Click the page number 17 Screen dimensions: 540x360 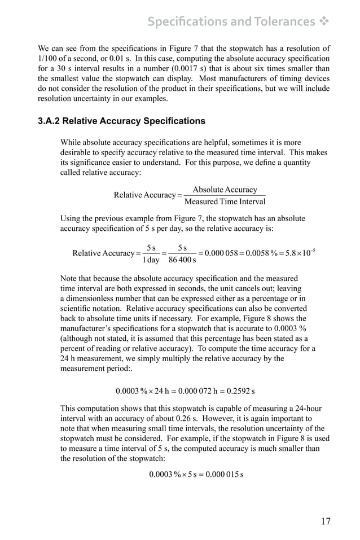(x=326, y=521)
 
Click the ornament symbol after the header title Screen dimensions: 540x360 (x=324, y=22)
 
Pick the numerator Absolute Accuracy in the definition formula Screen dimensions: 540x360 (x=225, y=190)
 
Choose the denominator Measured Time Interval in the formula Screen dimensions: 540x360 (x=225, y=201)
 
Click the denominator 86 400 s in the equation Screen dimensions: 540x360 (x=182, y=260)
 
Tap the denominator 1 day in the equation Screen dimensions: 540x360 (x=150, y=260)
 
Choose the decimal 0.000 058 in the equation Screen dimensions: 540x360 (x=222, y=253)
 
